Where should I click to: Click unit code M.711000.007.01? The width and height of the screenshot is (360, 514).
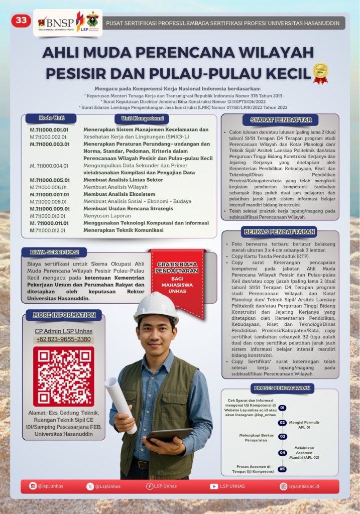(49, 194)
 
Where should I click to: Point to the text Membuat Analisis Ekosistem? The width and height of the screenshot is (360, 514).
(119, 194)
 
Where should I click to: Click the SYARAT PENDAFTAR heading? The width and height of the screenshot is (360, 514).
(281, 120)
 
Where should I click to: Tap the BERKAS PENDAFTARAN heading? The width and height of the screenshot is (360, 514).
(280, 231)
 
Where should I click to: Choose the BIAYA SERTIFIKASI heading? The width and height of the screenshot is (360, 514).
(54, 252)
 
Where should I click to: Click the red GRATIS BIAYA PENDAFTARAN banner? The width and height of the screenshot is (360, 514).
(178, 276)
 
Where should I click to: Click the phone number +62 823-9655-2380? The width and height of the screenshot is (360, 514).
(63, 339)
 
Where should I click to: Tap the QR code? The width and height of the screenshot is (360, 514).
(63, 376)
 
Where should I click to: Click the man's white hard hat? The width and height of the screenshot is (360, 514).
(156, 306)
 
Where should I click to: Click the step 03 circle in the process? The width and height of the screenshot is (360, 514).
(283, 436)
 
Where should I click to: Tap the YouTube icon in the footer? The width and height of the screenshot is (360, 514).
(214, 486)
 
